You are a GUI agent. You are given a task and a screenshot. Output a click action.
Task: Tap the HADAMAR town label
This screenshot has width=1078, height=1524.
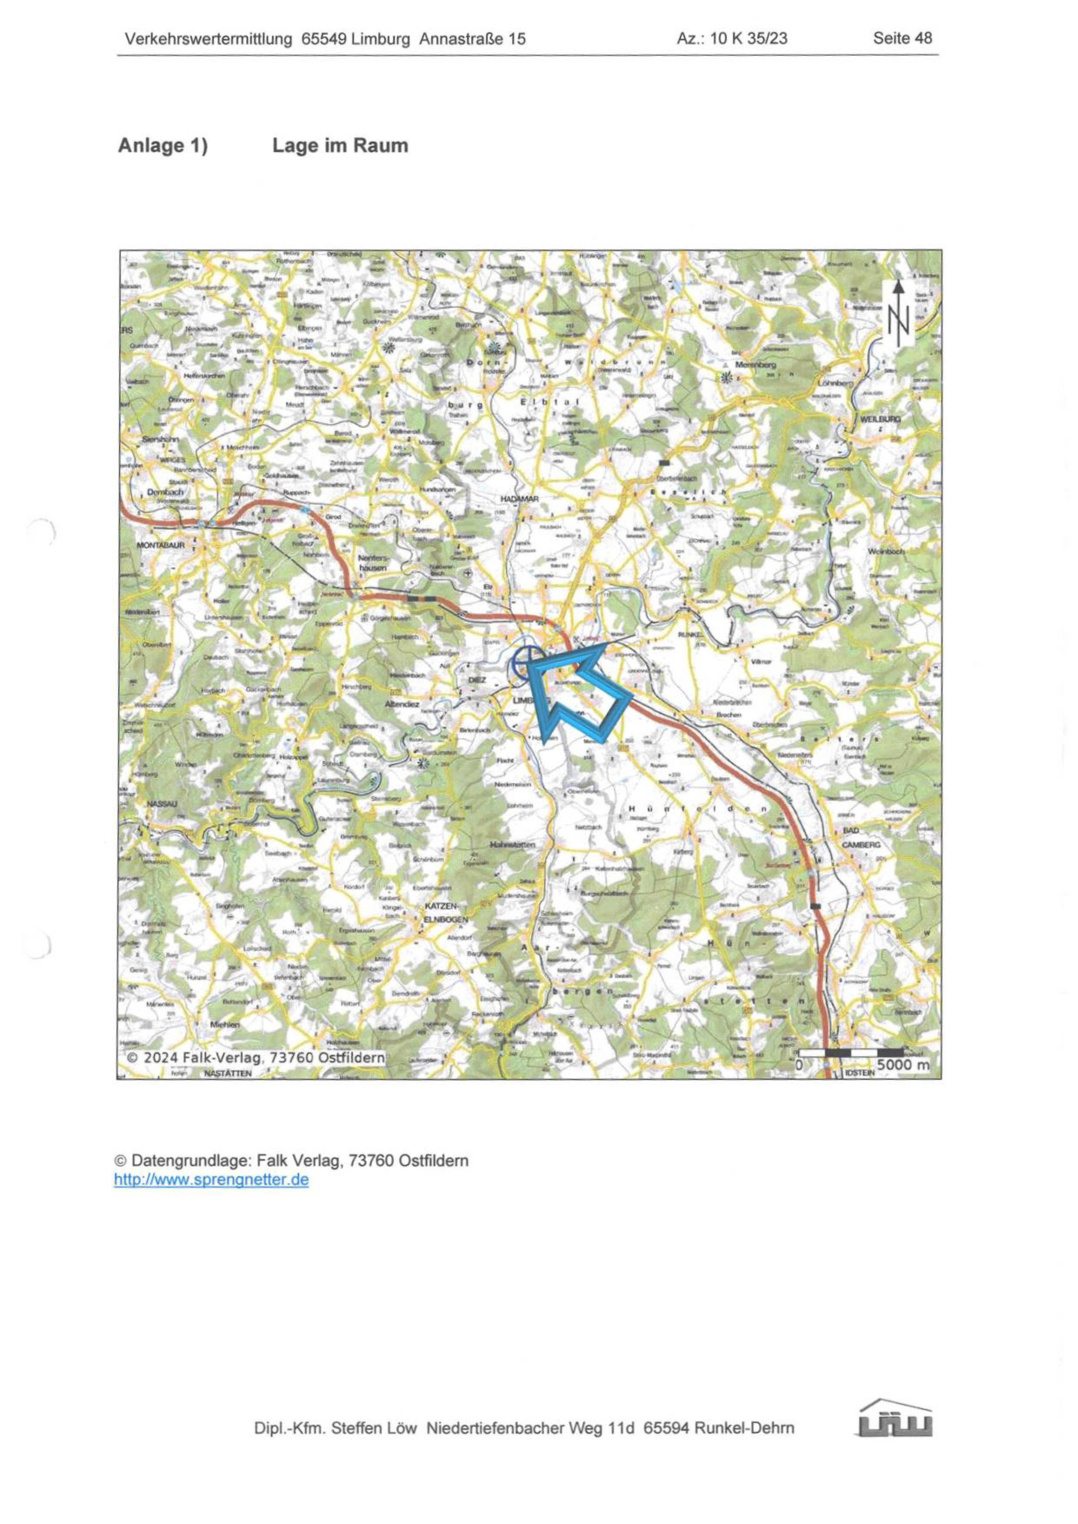(520, 499)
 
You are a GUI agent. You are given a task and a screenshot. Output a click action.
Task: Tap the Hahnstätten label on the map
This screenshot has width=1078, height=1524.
(513, 844)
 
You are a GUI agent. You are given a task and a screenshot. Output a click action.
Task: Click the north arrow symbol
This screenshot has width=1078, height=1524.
(898, 313)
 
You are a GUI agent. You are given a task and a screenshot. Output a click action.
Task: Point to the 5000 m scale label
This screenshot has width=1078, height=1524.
(903, 1065)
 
